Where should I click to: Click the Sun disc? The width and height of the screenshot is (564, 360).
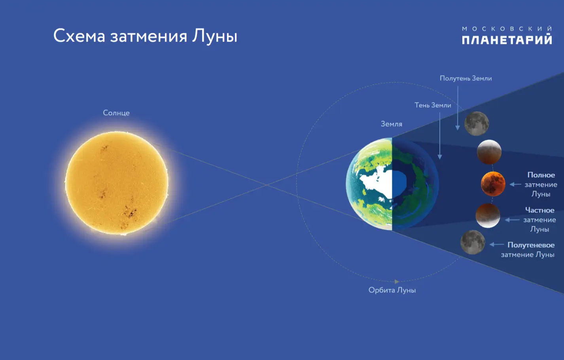click(117, 183)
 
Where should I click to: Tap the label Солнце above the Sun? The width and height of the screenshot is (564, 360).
click(116, 113)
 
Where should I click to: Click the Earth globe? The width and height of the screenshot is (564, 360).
click(392, 184)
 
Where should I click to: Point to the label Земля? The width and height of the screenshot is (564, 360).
click(391, 124)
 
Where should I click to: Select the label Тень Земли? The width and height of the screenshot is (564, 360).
click(433, 105)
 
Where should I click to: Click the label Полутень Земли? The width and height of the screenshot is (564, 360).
click(466, 78)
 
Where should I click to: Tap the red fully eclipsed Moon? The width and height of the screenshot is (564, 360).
click(493, 184)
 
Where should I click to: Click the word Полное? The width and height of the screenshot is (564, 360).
click(541, 175)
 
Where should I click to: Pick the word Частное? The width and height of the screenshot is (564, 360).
click(539, 210)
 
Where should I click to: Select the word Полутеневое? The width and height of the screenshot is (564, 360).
click(531, 245)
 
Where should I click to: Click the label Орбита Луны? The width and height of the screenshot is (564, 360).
click(392, 290)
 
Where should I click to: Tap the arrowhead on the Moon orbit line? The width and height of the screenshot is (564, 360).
click(397, 281)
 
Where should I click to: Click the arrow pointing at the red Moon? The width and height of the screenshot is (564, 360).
click(515, 184)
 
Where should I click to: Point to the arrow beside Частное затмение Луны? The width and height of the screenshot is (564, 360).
click(512, 220)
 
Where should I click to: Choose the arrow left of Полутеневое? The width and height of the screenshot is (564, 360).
click(497, 244)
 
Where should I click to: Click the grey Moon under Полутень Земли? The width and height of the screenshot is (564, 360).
click(477, 123)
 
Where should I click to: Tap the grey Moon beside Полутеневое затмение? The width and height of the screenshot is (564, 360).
click(473, 242)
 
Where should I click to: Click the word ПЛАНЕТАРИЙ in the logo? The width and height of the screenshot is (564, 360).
click(507, 40)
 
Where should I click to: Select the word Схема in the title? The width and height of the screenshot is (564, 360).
click(79, 36)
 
